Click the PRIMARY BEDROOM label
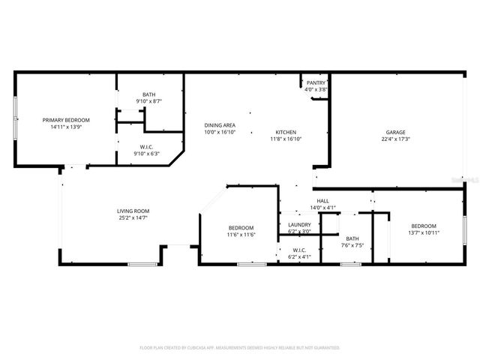[x=66, y=120]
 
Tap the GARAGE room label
[x=396, y=132]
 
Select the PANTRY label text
[x=316, y=83]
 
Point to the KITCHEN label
[x=285, y=132]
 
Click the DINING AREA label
[x=220, y=125]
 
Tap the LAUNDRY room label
[x=299, y=224]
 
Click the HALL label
[x=322, y=201]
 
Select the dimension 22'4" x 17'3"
[x=396, y=139]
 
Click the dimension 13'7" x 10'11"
[x=424, y=232]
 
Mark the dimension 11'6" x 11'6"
[x=241, y=235]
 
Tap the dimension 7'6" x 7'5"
[x=352, y=244]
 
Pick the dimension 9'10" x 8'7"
[x=149, y=100]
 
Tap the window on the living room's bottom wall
[x=139, y=264]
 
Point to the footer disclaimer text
[x=240, y=347]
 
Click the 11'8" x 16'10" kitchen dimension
[x=285, y=139]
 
